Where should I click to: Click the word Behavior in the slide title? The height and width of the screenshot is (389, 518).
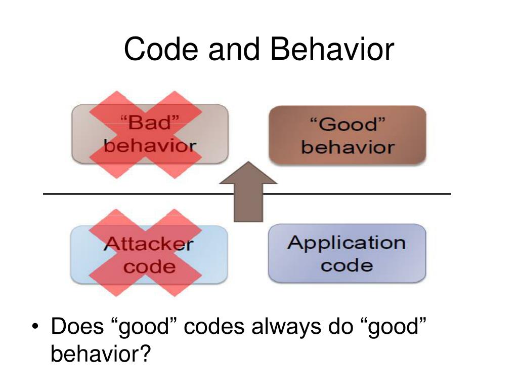tap(331, 50)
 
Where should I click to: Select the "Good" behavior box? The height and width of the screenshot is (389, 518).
tap(347, 135)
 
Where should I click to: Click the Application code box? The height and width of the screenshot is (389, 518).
tap(347, 253)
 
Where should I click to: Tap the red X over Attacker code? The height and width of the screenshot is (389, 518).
tap(146, 253)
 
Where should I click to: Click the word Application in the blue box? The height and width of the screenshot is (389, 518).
tap(347, 242)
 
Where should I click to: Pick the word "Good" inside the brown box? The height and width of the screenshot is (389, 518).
tap(347, 125)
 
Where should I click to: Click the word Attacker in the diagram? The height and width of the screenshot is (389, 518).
tap(148, 244)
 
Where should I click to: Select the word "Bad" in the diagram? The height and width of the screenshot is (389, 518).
tap(150, 123)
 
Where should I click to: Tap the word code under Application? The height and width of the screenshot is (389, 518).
tap(347, 265)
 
